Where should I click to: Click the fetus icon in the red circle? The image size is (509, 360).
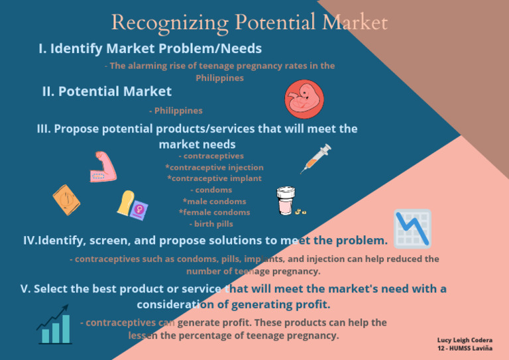tap(304, 99)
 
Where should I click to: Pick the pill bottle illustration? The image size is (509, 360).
tap(285, 200)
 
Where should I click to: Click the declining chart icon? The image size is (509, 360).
tap(412, 229)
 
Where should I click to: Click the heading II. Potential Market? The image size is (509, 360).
tap(107, 91)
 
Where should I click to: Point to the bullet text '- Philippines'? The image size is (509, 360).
tap(176, 111)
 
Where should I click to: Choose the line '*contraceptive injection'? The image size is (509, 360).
tap(214, 167)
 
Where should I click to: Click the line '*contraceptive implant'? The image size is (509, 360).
tap(214, 178)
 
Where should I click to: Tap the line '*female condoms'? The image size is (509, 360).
tap(214, 212)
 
